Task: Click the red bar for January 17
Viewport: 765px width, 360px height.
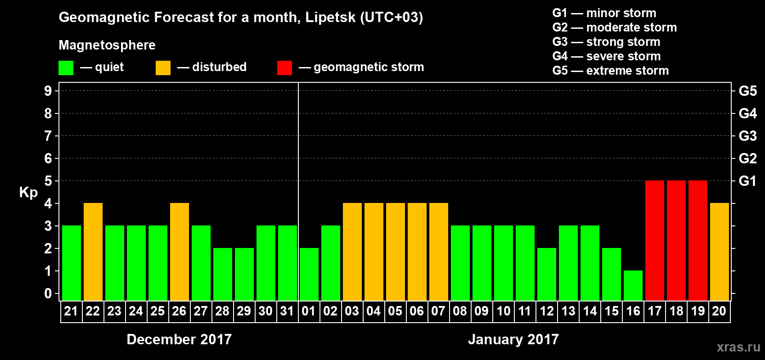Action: click(655, 240)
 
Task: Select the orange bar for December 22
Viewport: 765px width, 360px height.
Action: click(93, 252)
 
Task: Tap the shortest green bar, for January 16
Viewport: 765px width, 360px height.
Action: click(633, 285)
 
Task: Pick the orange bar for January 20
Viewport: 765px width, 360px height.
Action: click(720, 252)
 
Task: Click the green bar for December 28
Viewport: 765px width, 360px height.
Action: click(223, 274)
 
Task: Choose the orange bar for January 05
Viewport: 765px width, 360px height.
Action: click(396, 252)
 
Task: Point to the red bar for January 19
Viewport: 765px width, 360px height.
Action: click(698, 240)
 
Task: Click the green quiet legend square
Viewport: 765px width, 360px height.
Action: click(66, 68)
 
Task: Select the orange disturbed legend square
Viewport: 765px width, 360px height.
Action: click(163, 68)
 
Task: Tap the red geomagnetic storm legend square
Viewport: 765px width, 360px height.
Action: click(284, 68)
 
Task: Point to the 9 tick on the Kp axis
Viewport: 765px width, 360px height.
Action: click(48, 91)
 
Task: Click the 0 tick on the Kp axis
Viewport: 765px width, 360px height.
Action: click(48, 293)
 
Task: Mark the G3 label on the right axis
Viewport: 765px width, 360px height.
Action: click(747, 136)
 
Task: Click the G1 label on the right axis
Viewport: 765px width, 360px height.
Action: click(747, 181)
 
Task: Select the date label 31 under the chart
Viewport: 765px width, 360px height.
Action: click(287, 311)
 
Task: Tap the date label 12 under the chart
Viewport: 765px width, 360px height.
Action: click(546, 311)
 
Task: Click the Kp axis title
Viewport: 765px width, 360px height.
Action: click(28, 192)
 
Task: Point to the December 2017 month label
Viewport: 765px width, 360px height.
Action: click(179, 339)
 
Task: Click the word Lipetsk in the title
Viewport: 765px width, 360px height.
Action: click(330, 17)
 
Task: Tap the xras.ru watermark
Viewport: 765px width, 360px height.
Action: click(738, 346)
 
